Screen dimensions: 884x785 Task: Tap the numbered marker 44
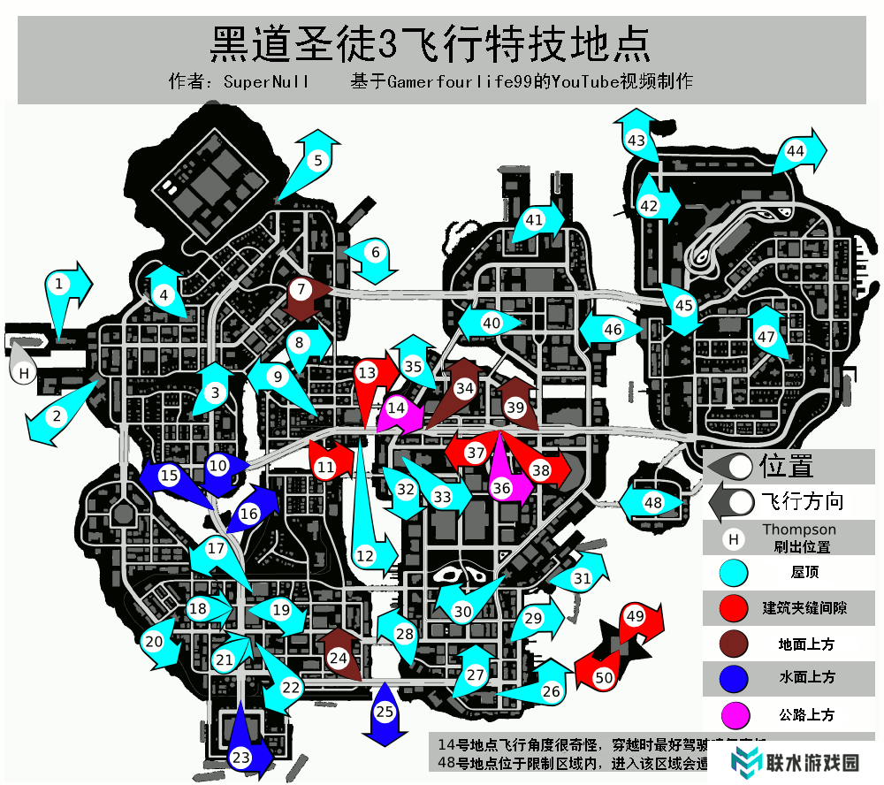[796, 151]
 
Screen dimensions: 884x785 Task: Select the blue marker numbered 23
[241, 757]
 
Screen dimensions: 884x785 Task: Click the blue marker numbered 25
[385, 711]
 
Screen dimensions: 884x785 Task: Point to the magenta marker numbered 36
[502, 487]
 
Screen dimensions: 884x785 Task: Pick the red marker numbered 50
[604, 678]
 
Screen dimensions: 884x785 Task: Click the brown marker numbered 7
[301, 288]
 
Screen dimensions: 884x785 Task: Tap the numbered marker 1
[59, 284]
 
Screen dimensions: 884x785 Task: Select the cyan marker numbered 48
[653, 503]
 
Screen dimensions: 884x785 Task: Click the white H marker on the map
[24, 373]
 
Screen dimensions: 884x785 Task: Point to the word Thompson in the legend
[798, 530]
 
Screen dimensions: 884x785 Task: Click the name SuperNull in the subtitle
[266, 82]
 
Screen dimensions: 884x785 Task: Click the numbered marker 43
[636, 140]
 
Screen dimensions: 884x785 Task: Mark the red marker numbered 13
[367, 374]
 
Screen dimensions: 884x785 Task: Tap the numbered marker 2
[56, 415]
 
